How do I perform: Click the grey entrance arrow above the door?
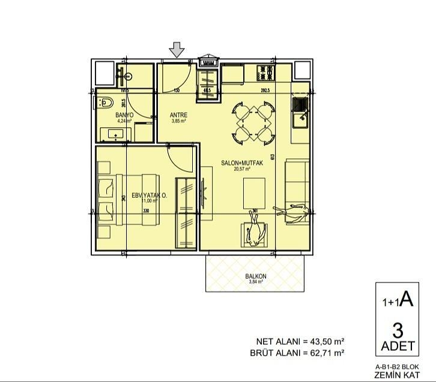(x=177, y=50)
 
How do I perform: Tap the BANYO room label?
(x=124, y=115)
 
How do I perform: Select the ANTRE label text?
(x=178, y=115)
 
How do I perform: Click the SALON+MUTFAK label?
(x=243, y=163)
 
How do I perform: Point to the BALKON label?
(x=256, y=276)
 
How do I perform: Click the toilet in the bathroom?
(x=104, y=102)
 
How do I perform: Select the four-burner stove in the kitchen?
(x=265, y=74)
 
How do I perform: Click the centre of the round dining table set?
(x=252, y=122)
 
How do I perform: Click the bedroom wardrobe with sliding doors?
(x=186, y=212)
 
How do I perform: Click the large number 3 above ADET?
(x=397, y=330)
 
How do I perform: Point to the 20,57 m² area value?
(x=243, y=169)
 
